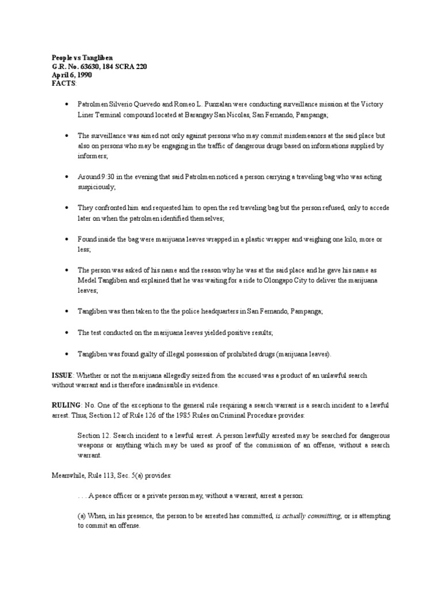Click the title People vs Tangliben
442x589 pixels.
click(x=83, y=58)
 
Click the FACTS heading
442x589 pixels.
click(x=63, y=83)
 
